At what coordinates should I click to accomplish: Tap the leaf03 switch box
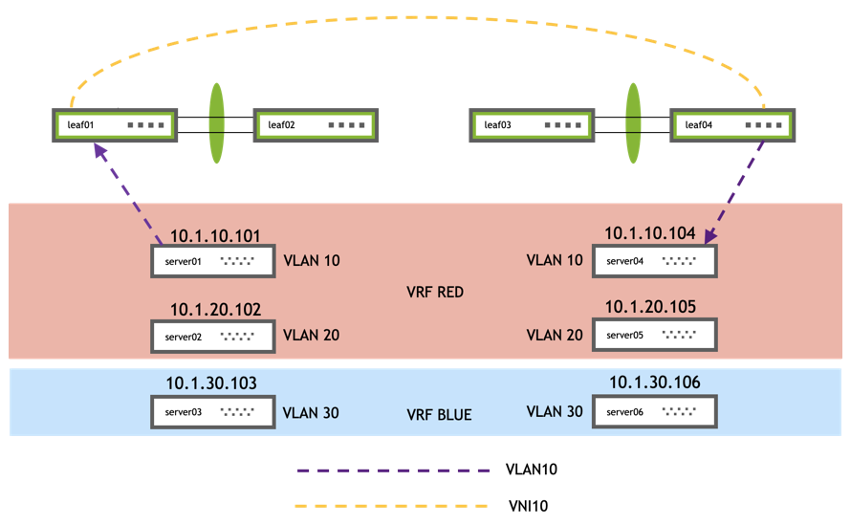532,125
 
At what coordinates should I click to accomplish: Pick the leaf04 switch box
731,125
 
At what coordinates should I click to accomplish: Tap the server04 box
654,260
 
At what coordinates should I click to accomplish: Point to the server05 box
654,336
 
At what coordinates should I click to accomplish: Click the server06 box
654,413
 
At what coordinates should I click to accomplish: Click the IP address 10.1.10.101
215,235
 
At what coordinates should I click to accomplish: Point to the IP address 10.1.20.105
649,307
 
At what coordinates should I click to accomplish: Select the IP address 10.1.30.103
211,383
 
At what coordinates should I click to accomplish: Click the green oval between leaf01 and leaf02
217,124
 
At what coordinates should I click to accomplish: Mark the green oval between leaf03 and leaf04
632,124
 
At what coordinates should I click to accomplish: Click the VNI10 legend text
526,505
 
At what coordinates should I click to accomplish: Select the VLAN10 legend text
531,470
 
